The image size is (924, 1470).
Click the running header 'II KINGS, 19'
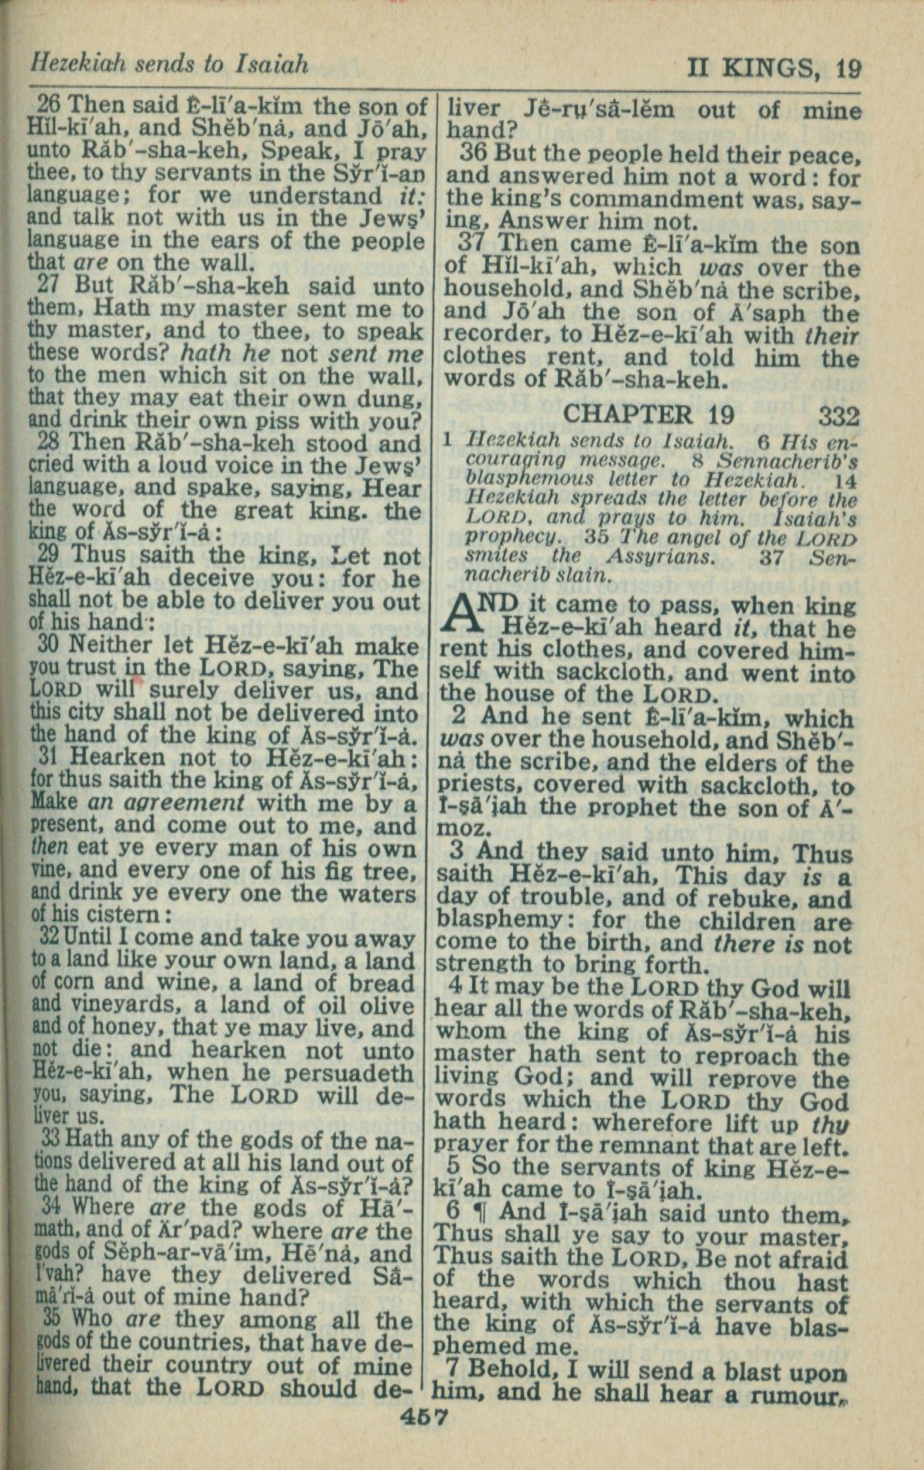(x=773, y=70)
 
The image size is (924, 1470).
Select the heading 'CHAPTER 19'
(x=648, y=414)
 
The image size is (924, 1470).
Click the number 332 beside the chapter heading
(x=838, y=417)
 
